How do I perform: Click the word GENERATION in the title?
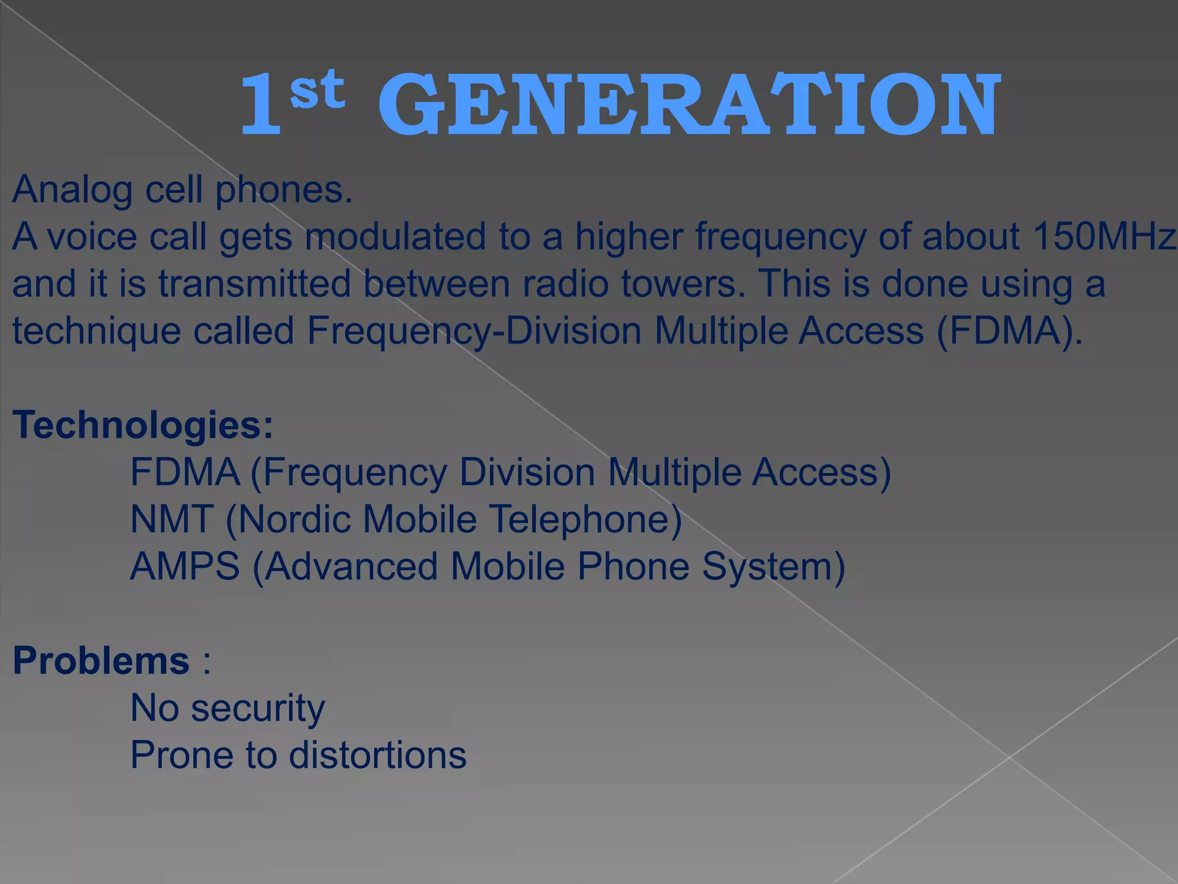click(x=689, y=105)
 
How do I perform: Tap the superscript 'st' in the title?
click(x=318, y=89)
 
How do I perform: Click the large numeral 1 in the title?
click(x=262, y=105)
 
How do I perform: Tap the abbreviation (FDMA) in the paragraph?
click(x=1009, y=331)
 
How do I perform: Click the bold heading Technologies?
click(x=143, y=425)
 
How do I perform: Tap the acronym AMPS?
click(x=185, y=566)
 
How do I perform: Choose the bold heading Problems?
click(x=101, y=660)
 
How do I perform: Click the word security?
click(x=258, y=708)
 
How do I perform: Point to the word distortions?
click(x=377, y=755)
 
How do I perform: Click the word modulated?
click(x=395, y=237)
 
